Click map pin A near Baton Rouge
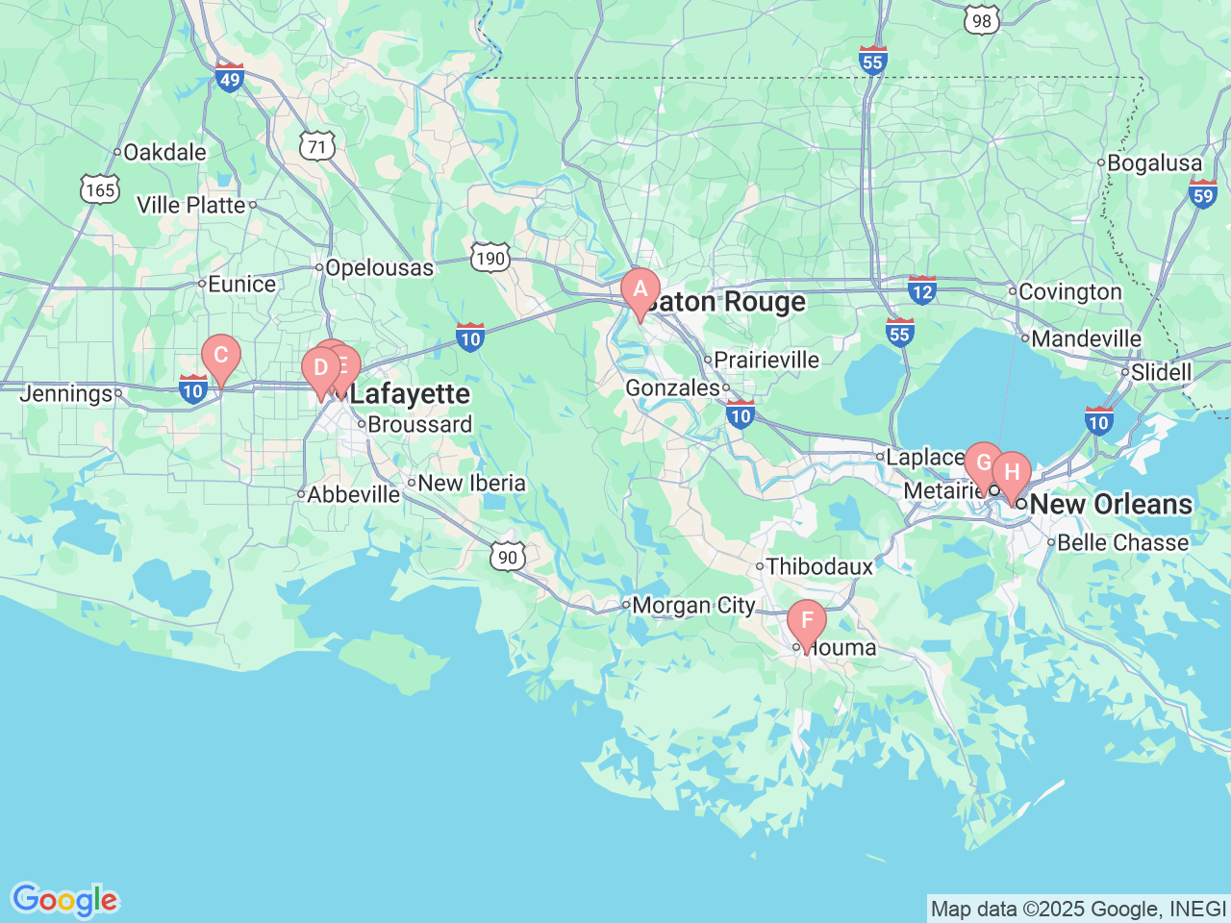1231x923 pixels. click(640, 290)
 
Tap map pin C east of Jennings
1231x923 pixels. click(220, 356)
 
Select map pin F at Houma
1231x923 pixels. click(806, 621)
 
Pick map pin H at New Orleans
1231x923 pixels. click(1012, 473)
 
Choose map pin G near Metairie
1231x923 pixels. click(982, 462)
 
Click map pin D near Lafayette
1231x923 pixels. click(320, 368)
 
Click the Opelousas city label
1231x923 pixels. click(379, 268)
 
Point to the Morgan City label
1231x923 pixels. click(693, 606)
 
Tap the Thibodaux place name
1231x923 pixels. click(819, 567)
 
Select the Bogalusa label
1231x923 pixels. click(1154, 163)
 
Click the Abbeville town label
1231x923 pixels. click(353, 494)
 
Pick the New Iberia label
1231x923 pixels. click(471, 484)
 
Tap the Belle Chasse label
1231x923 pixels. click(1122, 543)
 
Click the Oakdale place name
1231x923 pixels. click(164, 152)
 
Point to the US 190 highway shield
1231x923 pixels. click(490, 258)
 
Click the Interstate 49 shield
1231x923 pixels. click(229, 77)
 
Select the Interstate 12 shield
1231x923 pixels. click(921, 289)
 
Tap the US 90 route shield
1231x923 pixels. click(507, 557)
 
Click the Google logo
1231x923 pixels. click(63, 900)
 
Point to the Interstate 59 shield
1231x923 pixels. click(1202, 194)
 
